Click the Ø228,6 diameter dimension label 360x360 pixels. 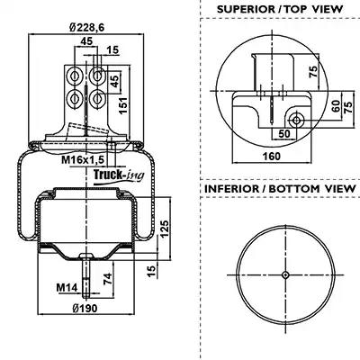(x=86, y=28)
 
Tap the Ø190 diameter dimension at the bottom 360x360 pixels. (x=85, y=308)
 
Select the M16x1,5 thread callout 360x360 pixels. (x=83, y=160)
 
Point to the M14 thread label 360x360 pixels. (x=67, y=288)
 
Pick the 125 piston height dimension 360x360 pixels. (x=165, y=229)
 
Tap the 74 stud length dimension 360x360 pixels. (x=108, y=279)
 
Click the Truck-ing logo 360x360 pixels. (x=119, y=175)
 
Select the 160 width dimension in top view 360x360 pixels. (x=272, y=156)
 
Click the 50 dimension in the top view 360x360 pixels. (x=284, y=134)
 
